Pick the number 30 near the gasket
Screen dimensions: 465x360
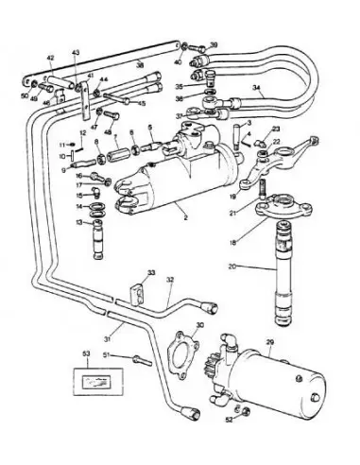pos(198,324)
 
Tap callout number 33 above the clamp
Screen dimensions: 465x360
pos(151,273)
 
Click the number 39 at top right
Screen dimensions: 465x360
pos(214,44)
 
